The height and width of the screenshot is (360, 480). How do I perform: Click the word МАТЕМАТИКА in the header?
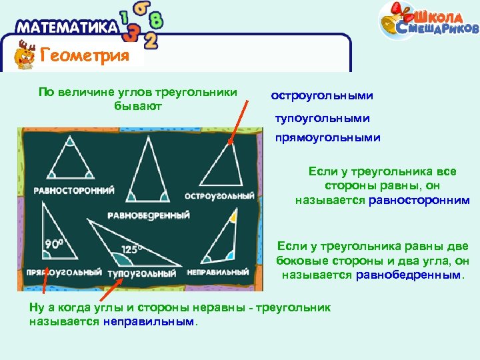click(66, 28)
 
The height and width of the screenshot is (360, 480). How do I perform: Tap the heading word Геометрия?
click(85, 55)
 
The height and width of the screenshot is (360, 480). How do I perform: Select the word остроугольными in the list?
click(322, 96)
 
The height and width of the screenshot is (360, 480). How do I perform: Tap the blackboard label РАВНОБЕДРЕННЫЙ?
click(149, 215)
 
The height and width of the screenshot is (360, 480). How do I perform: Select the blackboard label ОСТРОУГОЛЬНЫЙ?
click(221, 196)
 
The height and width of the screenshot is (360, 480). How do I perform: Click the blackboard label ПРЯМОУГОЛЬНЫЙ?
click(64, 273)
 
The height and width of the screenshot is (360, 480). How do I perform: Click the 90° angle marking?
click(53, 244)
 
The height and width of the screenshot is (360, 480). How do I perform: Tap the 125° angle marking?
click(131, 250)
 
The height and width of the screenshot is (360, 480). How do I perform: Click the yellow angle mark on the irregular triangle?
click(232, 217)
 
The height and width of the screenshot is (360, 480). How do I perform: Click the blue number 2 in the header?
click(151, 41)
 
